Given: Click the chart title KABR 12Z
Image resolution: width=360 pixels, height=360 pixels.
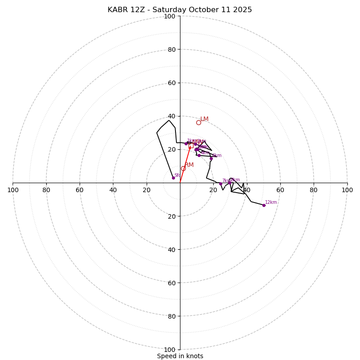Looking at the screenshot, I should (180, 10).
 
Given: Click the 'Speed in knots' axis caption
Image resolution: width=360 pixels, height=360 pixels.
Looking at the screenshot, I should (180, 356).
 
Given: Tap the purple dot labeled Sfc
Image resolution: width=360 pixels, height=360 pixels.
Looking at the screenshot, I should (173, 178).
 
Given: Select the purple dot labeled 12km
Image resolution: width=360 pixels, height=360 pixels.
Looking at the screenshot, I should (264, 205).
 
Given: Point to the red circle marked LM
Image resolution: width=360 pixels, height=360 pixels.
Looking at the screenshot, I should (198, 122).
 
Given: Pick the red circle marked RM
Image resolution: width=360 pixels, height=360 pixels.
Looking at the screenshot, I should (183, 168).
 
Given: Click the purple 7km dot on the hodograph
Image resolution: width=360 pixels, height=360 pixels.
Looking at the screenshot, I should (220, 184).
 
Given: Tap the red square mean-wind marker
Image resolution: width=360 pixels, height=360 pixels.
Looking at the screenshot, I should (191, 145).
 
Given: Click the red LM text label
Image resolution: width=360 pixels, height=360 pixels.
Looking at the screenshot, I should (204, 119).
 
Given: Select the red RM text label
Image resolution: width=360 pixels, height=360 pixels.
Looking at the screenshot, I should (189, 165).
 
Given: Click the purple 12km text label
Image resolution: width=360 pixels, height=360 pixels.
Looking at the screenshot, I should (271, 202).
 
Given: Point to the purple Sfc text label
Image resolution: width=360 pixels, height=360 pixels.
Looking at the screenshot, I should (177, 175).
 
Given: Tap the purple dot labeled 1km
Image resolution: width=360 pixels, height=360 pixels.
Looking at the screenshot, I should (186, 144).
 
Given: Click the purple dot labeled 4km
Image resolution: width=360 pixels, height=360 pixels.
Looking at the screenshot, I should (199, 155).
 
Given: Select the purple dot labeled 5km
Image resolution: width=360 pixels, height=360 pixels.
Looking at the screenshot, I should (211, 158).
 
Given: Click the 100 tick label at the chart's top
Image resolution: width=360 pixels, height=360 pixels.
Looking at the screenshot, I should (170, 16).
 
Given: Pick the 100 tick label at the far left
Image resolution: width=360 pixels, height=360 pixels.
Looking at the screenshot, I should (13, 190).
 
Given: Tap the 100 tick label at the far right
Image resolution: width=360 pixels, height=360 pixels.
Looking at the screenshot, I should (347, 190).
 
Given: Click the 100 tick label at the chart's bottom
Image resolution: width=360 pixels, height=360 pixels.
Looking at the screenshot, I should (170, 350).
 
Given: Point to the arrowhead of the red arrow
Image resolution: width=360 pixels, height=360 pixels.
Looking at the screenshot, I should (190, 147).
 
